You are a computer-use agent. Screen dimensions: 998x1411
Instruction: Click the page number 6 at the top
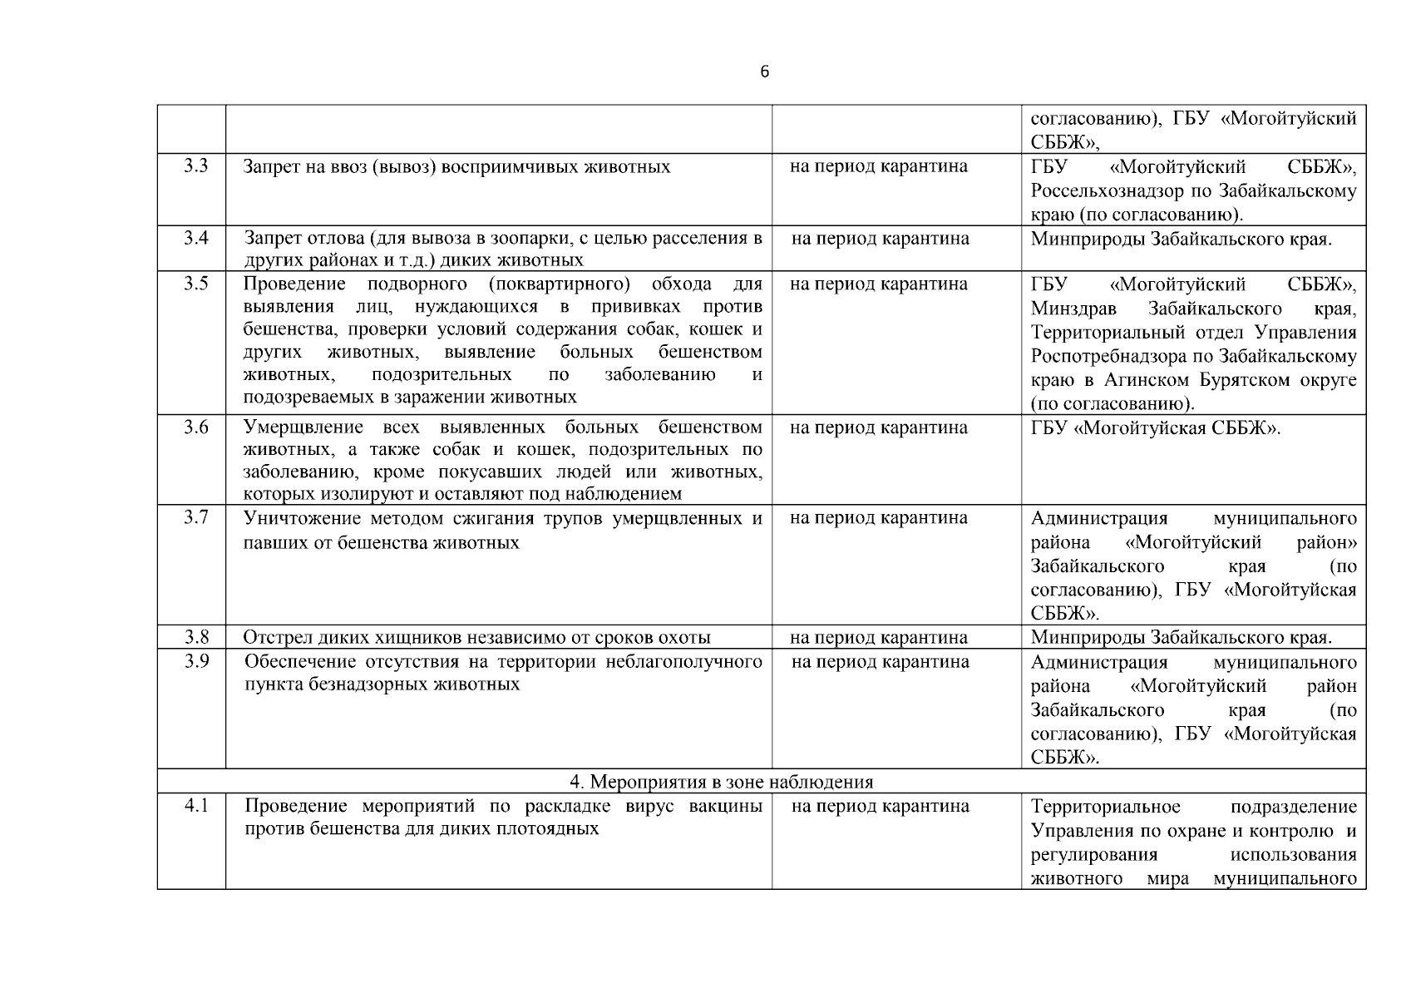pos(765,72)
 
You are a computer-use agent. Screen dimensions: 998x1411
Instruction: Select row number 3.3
pos(196,166)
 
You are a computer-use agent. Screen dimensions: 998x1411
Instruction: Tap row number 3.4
pos(196,239)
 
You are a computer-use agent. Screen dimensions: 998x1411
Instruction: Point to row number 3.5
pos(196,284)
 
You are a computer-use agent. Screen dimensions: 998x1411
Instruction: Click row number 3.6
pos(196,428)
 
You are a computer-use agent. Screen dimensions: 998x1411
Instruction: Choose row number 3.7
pos(196,518)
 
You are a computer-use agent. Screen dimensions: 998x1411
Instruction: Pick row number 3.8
pos(196,638)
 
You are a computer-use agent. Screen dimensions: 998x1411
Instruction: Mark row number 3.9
pos(196,662)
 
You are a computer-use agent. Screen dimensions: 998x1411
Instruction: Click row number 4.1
pos(196,806)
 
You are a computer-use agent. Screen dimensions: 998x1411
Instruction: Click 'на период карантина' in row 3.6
pos(879,428)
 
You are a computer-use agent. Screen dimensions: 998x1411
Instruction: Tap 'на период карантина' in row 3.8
pos(879,638)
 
